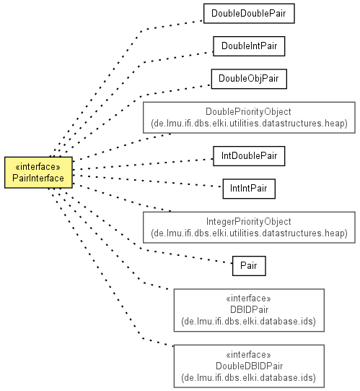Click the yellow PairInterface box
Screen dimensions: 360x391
coord(38,172)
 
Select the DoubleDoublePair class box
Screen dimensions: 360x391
coord(249,14)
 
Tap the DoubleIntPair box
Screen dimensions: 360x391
coord(249,46)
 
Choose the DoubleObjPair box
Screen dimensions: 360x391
coord(249,79)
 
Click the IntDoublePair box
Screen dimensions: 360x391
coord(249,156)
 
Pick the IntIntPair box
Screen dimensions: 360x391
coord(249,189)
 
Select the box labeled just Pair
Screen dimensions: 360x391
coord(249,266)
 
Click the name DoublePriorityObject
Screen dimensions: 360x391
coord(248,112)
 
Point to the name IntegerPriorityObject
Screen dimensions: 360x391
coord(248,222)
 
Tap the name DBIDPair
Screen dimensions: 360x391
coord(249,310)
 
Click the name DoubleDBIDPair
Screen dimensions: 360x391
coord(249,366)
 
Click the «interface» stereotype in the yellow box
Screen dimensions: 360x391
coord(38,166)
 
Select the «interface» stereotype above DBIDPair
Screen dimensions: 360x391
coord(248,298)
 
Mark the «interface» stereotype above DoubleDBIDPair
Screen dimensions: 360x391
coord(248,355)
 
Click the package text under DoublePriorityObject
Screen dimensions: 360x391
coord(249,124)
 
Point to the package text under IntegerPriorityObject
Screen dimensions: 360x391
coord(249,233)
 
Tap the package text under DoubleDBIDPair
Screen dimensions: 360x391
coord(248,377)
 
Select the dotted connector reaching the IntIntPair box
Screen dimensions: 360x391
coord(147,180)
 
